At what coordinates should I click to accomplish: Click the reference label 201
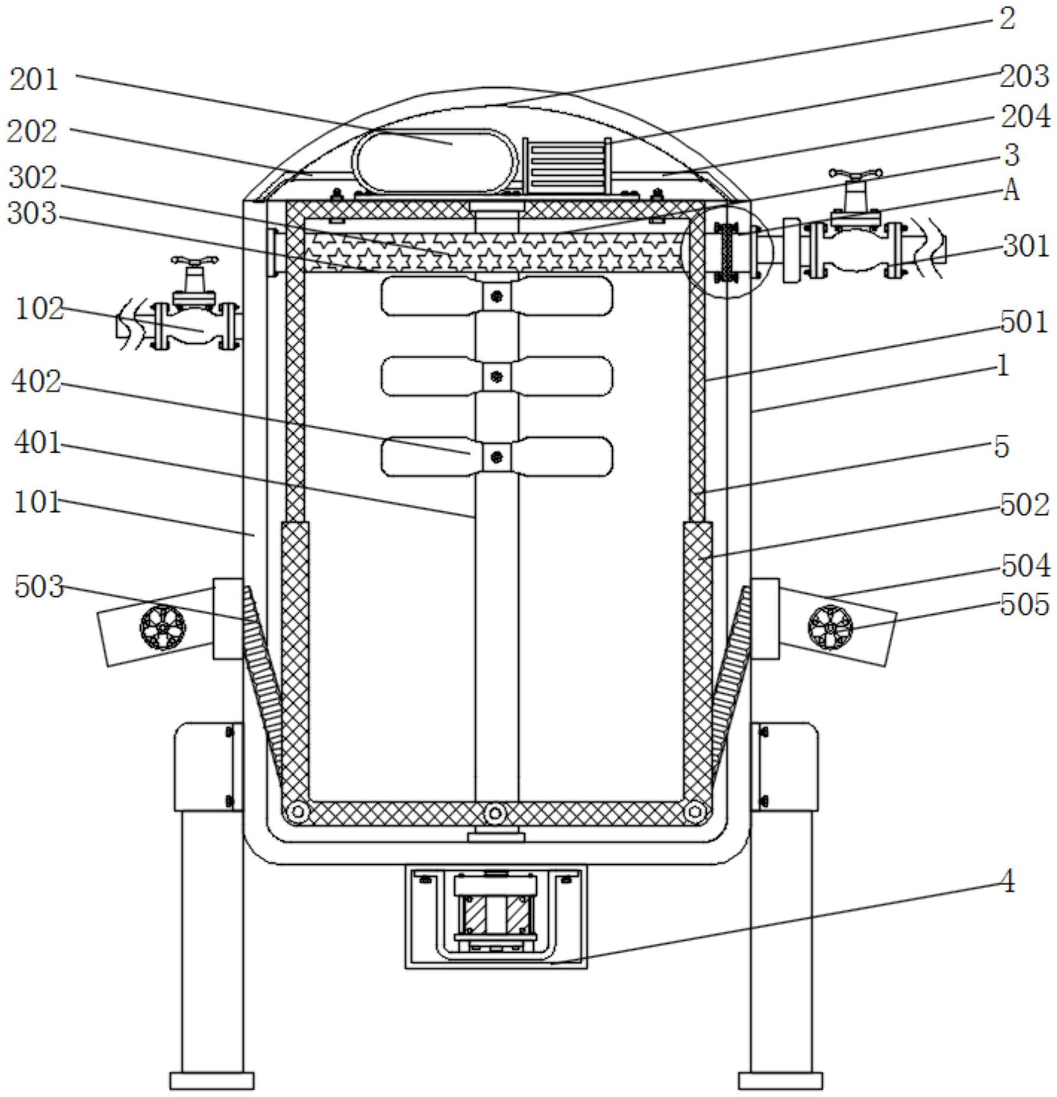coord(34,80)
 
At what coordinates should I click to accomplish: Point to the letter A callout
coord(1011,191)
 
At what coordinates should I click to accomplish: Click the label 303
coord(33,213)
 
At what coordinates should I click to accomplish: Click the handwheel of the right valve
coord(855,174)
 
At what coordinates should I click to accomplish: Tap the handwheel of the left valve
coord(194,260)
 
